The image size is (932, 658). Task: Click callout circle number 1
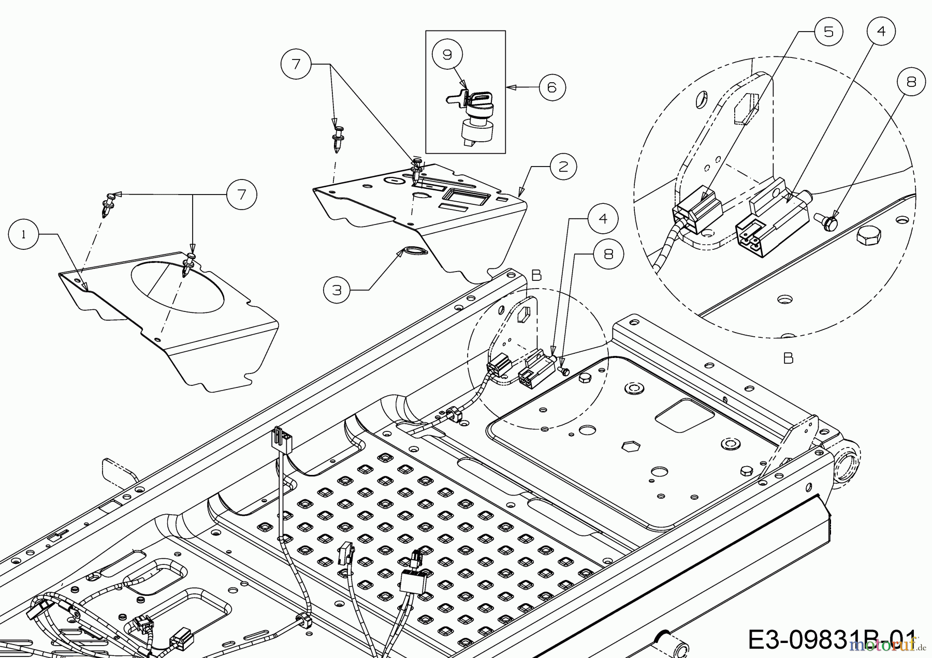(24, 234)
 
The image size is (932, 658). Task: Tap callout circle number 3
(338, 290)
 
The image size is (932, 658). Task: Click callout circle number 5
(828, 32)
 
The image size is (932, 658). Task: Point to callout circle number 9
(447, 54)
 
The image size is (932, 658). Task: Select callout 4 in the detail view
(881, 32)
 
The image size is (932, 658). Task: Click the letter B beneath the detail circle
(788, 358)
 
